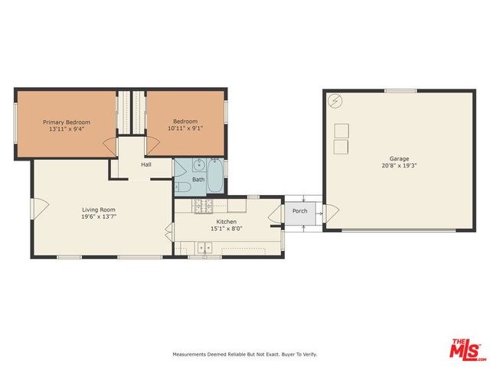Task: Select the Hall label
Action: click(145, 164)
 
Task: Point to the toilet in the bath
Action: click(184, 187)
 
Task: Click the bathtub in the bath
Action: click(215, 176)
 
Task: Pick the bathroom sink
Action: click(198, 164)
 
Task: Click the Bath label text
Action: click(198, 180)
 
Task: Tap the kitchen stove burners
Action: click(202, 205)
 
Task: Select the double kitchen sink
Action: click(204, 247)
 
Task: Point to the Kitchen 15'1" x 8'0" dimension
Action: click(227, 228)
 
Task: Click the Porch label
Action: click(300, 211)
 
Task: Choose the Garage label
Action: click(399, 159)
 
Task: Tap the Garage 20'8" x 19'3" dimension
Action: click(399, 166)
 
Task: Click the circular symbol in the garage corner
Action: click(335, 100)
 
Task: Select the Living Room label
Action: click(99, 209)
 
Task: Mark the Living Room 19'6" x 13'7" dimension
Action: click(99, 216)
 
